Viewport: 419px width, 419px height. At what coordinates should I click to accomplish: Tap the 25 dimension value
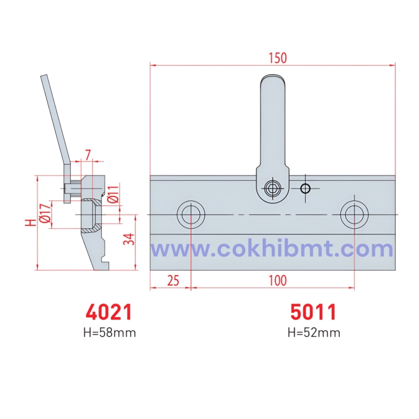(173, 280)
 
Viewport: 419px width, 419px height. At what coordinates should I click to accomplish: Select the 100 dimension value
(277, 280)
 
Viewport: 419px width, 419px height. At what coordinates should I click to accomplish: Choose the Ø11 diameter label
(113, 194)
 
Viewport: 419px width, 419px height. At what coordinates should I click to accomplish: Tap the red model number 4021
(109, 312)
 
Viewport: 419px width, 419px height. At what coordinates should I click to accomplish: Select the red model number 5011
(314, 312)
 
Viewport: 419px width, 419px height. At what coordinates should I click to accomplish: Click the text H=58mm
(109, 332)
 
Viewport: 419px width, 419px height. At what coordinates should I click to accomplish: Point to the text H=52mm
(314, 332)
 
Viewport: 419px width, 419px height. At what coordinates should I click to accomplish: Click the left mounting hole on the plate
(191, 215)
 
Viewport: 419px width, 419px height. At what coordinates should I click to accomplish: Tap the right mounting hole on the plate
(354, 215)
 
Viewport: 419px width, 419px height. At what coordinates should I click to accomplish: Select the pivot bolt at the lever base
(274, 188)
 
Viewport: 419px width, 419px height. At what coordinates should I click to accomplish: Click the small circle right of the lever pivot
(306, 188)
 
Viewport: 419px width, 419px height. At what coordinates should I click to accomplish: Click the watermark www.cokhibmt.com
(272, 249)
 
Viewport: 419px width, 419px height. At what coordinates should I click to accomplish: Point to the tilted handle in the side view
(56, 119)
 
